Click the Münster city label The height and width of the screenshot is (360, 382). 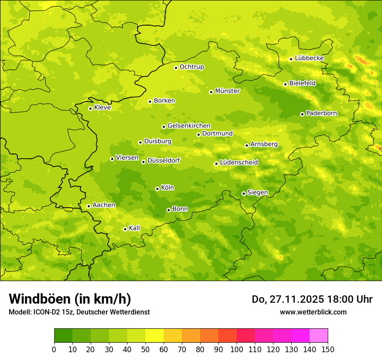[x=227, y=91]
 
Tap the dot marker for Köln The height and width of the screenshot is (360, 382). [x=157, y=189]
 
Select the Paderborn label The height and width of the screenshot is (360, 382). [x=321, y=113]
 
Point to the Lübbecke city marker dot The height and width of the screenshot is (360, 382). [x=291, y=59]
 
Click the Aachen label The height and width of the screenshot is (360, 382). [x=104, y=205]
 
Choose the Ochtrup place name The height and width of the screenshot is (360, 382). [x=191, y=67]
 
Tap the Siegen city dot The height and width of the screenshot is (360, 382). [x=244, y=193]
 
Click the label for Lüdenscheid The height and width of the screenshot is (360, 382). [x=239, y=163]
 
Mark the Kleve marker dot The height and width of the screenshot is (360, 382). [x=90, y=108]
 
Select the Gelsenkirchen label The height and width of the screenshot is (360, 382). [x=189, y=126]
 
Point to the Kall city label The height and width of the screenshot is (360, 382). [x=135, y=228]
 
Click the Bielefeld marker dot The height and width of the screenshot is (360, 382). [x=285, y=84]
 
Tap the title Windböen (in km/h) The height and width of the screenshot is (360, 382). [x=70, y=299]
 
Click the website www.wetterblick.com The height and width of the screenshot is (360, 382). [x=313, y=312]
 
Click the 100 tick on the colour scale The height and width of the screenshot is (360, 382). [x=237, y=349]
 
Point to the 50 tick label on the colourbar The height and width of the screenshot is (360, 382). [x=145, y=349]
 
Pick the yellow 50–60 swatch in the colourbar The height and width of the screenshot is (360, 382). [x=155, y=336]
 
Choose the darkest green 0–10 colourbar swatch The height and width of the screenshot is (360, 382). [x=63, y=336]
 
